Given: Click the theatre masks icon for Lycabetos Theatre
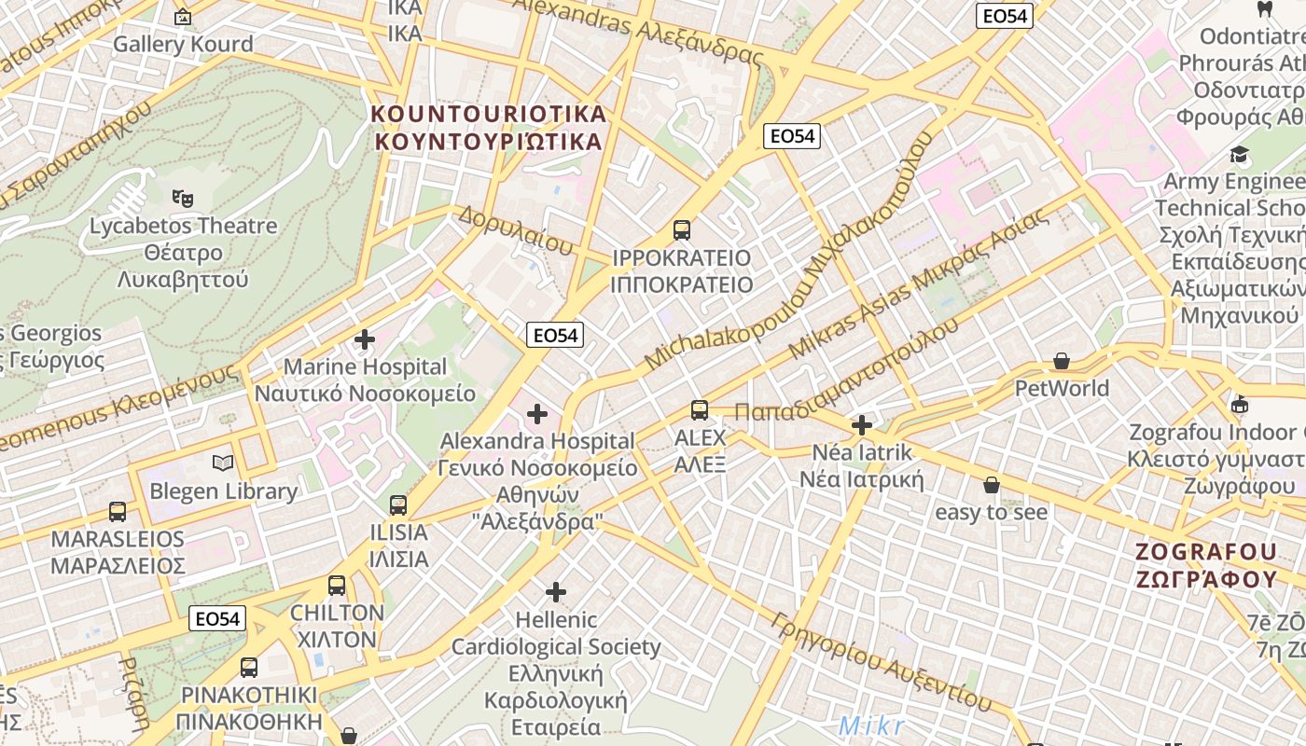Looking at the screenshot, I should point(183,198).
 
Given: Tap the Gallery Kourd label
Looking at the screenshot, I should point(183,44).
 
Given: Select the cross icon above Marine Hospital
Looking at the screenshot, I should point(365,339).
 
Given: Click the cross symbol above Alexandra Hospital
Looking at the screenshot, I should point(537,413).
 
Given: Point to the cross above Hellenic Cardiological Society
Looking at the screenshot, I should point(556,592).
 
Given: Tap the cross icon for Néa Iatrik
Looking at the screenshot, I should point(862,426).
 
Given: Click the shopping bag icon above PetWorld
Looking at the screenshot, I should point(1061,361).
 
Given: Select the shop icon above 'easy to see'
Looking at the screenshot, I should point(992,485).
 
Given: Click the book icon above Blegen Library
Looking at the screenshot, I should point(223,463).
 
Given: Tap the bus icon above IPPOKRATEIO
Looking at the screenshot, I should point(682,230).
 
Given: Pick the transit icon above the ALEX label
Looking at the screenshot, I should point(700,410).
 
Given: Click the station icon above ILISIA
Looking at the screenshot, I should point(398,505).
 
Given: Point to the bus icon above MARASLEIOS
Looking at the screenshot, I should point(118,512).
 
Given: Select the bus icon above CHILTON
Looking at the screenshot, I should point(337,586).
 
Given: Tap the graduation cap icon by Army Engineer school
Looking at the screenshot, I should point(1239,155).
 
